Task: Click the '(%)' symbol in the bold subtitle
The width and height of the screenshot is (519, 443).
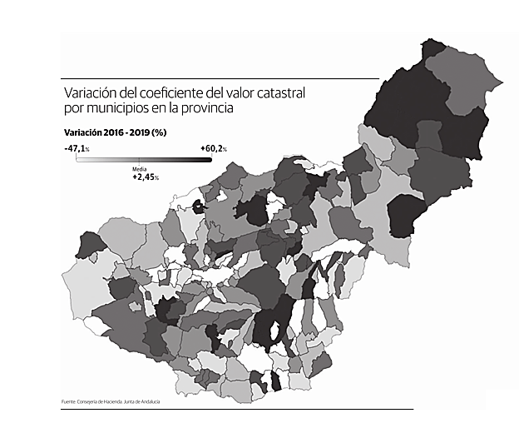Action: coord(171,133)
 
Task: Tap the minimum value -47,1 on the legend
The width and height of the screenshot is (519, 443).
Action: coord(74,148)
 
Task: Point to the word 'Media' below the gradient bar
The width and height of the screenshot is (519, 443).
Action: coord(140,169)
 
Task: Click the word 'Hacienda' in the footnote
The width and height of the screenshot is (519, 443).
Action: coord(111,402)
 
